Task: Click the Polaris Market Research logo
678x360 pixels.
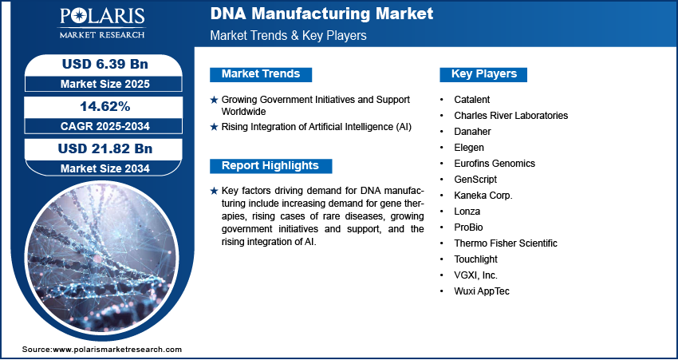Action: tap(102, 22)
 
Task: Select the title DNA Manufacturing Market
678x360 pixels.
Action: tap(321, 14)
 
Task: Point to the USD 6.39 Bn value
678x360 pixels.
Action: tap(105, 64)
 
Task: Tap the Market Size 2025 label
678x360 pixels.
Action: tap(105, 84)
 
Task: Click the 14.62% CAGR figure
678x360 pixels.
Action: tap(105, 106)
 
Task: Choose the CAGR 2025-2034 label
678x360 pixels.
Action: tap(105, 126)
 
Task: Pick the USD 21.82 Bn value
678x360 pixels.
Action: tap(105, 148)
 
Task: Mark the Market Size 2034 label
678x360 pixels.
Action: tap(105, 168)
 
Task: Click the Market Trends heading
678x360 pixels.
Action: tap(261, 74)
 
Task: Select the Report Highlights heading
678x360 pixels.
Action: tap(270, 166)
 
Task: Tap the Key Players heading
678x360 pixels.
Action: tap(484, 74)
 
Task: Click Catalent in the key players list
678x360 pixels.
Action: tap(471, 100)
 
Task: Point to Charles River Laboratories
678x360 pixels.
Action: tap(511, 116)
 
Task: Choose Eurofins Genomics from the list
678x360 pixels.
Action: tap(495, 164)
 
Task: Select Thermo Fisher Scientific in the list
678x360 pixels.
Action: tap(506, 243)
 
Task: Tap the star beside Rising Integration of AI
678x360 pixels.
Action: tap(214, 127)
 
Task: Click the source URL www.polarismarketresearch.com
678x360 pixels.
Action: tap(117, 350)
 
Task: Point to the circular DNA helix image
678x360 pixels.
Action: tap(101, 259)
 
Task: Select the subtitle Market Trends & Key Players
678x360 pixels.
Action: tap(289, 35)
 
